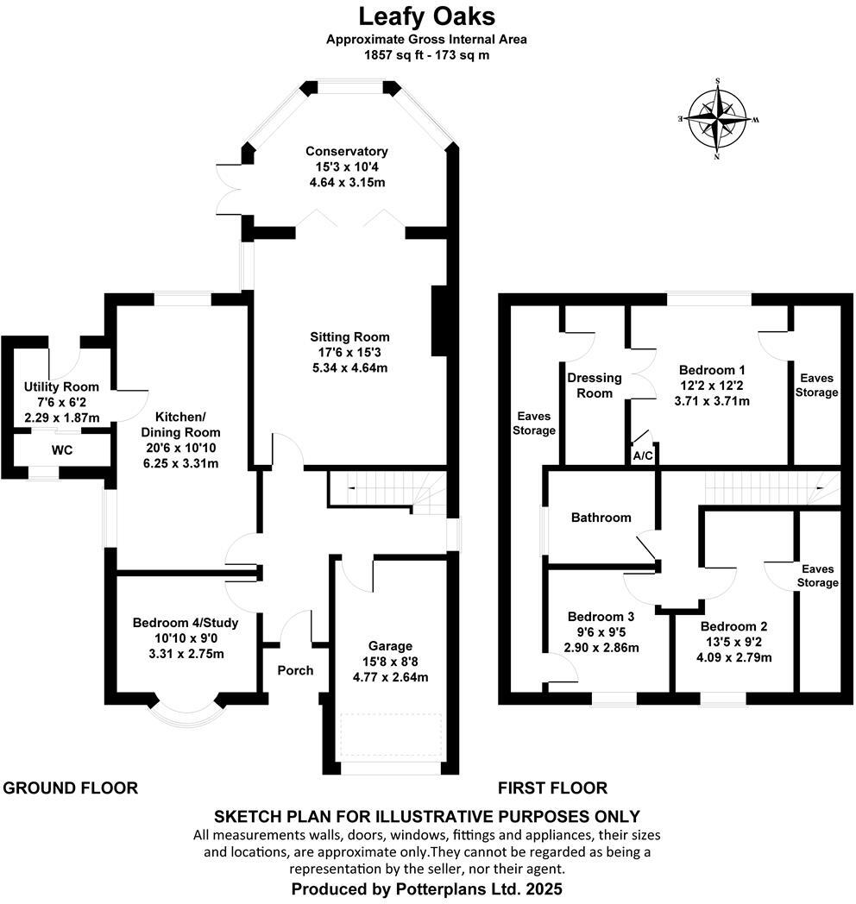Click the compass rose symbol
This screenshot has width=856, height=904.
point(717,118)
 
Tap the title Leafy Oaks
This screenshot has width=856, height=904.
point(426,16)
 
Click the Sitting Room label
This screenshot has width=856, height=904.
point(350,336)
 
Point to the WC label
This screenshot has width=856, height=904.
point(61,450)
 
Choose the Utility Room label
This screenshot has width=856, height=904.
point(61,386)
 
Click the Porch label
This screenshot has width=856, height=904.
point(295,670)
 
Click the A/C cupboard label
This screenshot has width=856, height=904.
point(643,455)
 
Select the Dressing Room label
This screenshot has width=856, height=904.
point(595,385)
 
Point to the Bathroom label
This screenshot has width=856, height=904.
point(601,518)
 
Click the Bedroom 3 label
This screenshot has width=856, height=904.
point(601,617)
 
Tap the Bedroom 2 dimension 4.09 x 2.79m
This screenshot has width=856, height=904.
point(733,656)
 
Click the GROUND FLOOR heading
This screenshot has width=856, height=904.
point(71,788)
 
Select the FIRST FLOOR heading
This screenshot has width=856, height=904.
point(552,788)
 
